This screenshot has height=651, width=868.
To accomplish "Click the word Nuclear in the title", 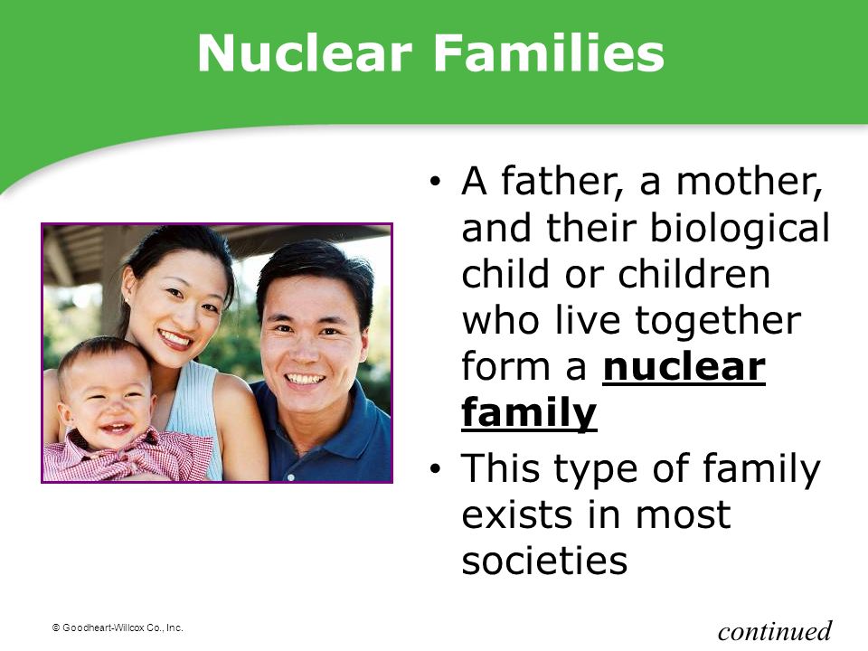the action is point(305,52).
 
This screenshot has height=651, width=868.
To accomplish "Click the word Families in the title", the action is point(548,52).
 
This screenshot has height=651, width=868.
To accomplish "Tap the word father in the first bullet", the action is point(560,182).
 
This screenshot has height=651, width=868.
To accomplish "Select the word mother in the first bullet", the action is point(749,182).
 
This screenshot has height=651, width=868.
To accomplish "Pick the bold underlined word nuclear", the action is point(684,368).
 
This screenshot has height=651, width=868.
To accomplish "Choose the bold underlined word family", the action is point(529,414).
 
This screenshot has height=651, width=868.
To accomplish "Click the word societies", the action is point(544,560).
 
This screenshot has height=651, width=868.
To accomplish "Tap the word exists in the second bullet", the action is point(517,514).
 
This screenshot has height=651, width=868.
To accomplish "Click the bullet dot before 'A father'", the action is point(436,181).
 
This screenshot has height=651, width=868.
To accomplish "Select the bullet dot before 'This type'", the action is point(436,469).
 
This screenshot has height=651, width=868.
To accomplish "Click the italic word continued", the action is point(775,630).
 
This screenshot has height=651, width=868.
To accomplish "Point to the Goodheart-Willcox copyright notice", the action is point(118,627).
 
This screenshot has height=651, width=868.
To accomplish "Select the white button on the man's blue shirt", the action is point(290,476).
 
